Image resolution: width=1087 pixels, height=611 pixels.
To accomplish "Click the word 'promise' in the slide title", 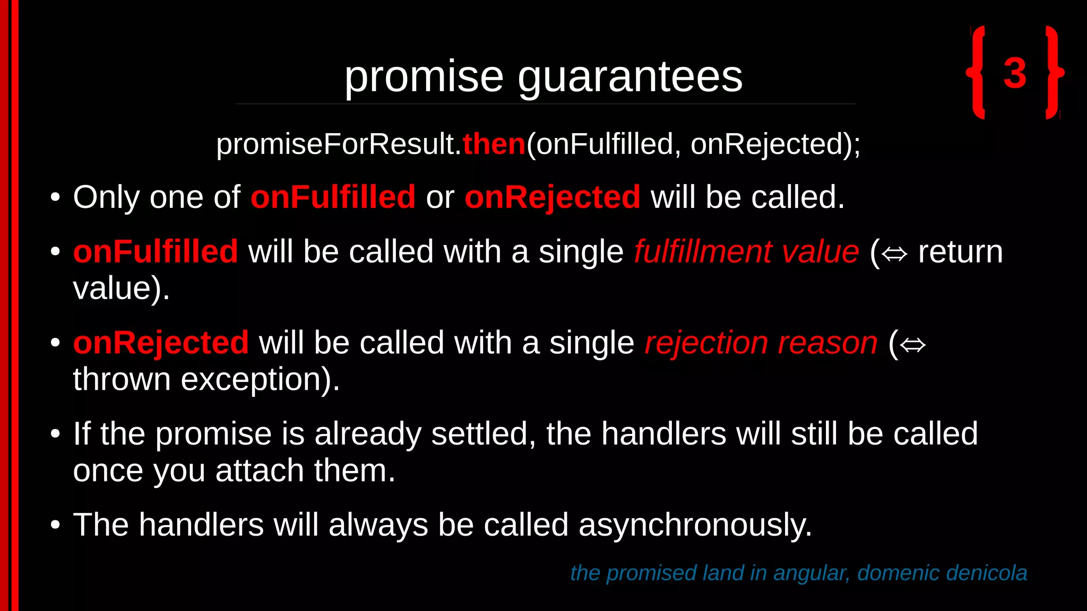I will pyautogui.click(x=424, y=77).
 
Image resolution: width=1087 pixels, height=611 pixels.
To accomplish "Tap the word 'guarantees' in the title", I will pyautogui.click(x=630, y=77).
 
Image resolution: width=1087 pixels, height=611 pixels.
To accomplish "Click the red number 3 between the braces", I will pyautogui.click(x=1015, y=73).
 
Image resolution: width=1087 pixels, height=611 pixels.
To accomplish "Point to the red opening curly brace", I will pyautogui.click(x=977, y=72).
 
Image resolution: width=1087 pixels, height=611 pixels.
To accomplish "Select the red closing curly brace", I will pyautogui.click(x=1054, y=72).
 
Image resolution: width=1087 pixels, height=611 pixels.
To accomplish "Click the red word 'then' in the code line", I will pyautogui.click(x=494, y=144).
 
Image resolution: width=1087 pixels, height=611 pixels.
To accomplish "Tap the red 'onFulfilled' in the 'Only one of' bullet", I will pyautogui.click(x=333, y=197).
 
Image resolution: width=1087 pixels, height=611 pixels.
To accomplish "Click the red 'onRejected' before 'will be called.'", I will pyautogui.click(x=553, y=197).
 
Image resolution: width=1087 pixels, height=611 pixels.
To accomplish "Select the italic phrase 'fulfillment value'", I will pyautogui.click(x=746, y=251).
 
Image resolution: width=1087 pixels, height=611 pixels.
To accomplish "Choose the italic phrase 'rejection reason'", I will pyautogui.click(x=761, y=343).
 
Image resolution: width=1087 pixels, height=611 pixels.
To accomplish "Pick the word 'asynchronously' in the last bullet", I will pyautogui.click(x=695, y=525).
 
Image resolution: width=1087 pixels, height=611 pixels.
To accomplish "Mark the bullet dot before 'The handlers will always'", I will pyautogui.click(x=55, y=525).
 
